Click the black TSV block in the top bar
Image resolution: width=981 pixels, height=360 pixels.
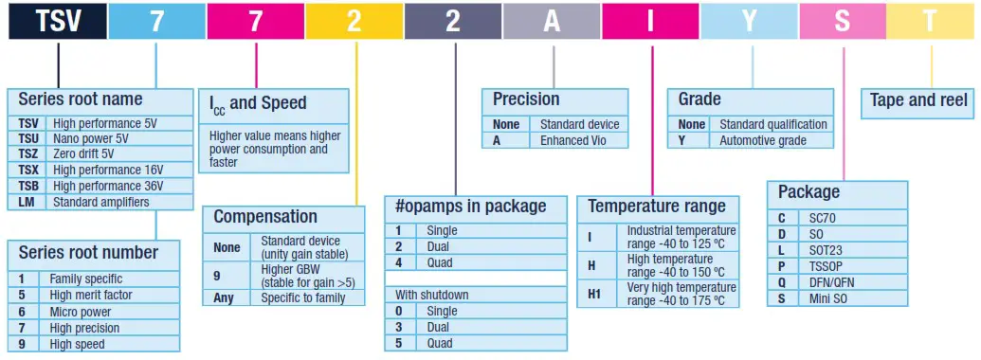point(57,21)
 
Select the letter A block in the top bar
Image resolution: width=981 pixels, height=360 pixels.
point(552,21)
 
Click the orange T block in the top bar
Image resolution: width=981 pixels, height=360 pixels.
point(933,21)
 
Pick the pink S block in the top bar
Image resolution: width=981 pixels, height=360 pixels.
point(843,21)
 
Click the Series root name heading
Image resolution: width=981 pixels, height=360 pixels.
point(81,99)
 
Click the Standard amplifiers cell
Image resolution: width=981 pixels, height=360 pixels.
point(100,202)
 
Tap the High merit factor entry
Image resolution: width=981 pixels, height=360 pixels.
point(92,296)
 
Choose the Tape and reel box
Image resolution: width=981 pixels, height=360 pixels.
point(918,100)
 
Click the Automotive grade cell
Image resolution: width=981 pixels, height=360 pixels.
point(763,140)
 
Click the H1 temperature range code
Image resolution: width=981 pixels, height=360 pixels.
point(594,294)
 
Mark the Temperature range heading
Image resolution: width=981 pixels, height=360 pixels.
point(656,206)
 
